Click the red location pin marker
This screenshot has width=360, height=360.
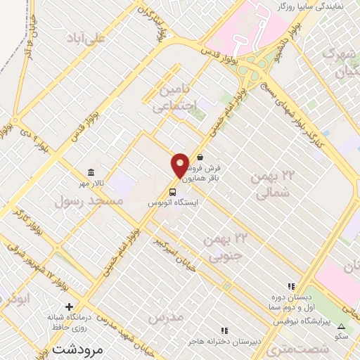pos(181,165)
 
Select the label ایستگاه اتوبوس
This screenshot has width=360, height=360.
pos(173,202)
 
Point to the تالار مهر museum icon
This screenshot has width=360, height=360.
pos(91,173)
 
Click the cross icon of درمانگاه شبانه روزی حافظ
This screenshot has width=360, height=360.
pos(69,306)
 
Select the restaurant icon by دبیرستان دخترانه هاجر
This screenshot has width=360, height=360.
pos(224,330)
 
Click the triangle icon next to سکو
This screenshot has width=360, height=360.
pos(342,326)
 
